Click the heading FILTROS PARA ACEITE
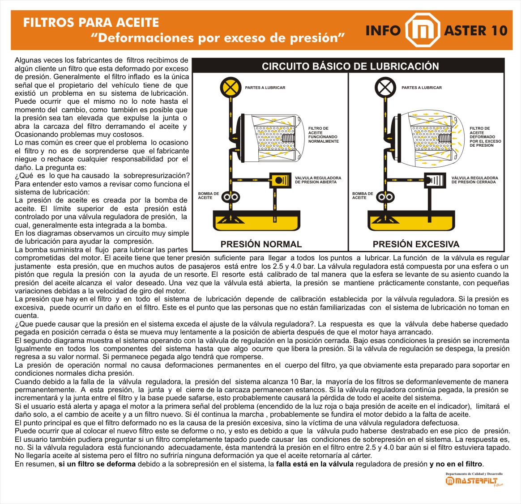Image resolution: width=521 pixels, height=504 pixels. pyautogui.click(x=91, y=22)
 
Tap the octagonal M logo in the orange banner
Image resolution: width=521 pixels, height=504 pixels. pyautogui.click(x=423, y=30)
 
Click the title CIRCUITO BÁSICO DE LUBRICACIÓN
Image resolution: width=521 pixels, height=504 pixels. pyautogui.click(x=350, y=66)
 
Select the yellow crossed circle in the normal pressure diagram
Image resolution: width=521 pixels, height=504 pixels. pyautogui.click(x=231, y=87)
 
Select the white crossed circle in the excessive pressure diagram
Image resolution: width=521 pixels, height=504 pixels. pyautogui.click(x=385, y=87)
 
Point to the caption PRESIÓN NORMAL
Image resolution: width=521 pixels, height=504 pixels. pyautogui.click(x=261, y=244)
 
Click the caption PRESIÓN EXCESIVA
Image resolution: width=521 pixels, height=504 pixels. pyautogui.click(x=416, y=244)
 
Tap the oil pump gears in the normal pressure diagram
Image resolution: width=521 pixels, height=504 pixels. pyautogui.click(x=231, y=197)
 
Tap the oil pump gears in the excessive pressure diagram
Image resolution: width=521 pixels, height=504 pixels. pyautogui.click(x=385, y=197)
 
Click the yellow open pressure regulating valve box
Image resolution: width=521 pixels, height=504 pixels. pyautogui.click(x=280, y=180)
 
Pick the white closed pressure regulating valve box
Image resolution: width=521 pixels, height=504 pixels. pyautogui.click(x=435, y=180)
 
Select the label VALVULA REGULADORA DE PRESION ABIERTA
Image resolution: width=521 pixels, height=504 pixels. pyautogui.click(x=318, y=180)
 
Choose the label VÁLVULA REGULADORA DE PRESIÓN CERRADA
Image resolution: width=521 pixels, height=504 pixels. pyautogui.click(x=474, y=180)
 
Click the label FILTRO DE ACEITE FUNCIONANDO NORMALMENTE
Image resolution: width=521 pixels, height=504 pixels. pyautogui.click(x=323, y=135)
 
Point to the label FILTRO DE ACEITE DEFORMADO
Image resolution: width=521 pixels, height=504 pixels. pyautogui.click(x=485, y=137)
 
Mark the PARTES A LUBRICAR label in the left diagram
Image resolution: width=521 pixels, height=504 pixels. pyautogui.click(x=265, y=88)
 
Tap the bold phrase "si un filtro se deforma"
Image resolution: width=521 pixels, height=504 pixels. pyautogui.click(x=97, y=464)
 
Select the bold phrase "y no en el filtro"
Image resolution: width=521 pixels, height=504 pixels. pyautogui.click(x=456, y=464)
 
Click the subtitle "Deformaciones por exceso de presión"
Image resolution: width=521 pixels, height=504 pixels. pyautogui.click(x=218, y=38)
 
